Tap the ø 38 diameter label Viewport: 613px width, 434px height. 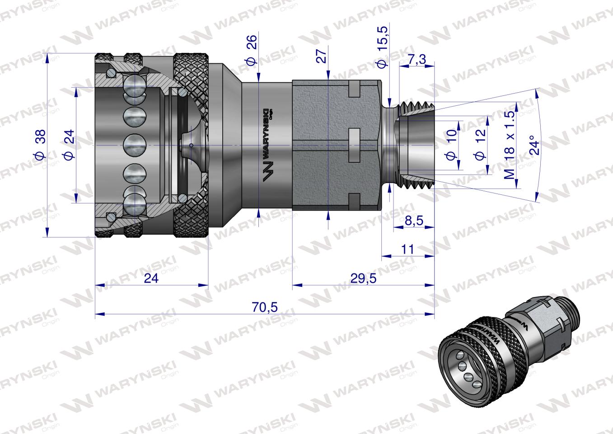click(39, 145)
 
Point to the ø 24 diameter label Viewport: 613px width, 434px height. click(68, 145)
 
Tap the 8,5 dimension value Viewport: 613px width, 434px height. click(414, 221)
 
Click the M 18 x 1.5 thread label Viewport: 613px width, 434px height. click(510, 145)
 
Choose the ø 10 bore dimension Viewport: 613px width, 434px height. click(450, 146)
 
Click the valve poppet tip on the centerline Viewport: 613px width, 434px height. click(191, 145)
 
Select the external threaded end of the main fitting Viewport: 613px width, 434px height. click(416, 145)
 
